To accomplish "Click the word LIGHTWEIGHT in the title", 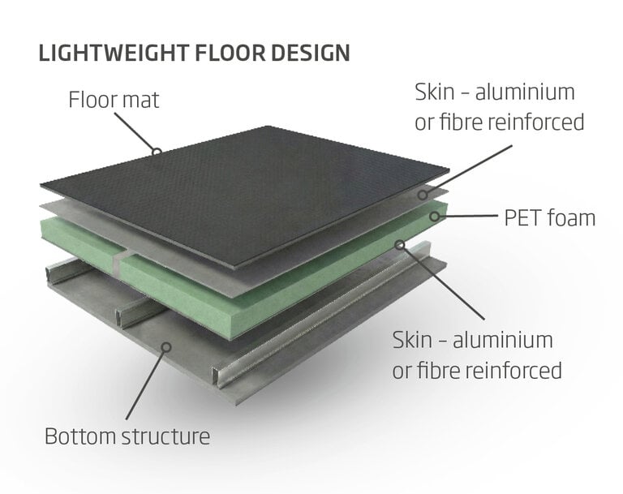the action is click(x=114, y=53).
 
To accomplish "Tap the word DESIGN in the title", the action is click(x=311, y=53).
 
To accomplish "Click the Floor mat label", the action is click(x=114, y=99).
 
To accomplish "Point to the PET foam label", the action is click(x=549, y=217).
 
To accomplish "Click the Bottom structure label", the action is click(x=127, y=436).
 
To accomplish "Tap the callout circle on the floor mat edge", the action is click(x=157, y=152).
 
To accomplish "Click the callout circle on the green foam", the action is click(x=435, y=217).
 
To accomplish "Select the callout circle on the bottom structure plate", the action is click(x=166, y=347).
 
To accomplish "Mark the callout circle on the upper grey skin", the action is click(x=423, y=195).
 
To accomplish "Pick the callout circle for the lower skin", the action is click(x=401, y=244).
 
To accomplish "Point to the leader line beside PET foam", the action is click(x=468, y=216).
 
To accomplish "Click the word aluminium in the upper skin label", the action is click(x=525, y=92).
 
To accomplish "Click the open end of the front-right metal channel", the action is click(x=217, y=376).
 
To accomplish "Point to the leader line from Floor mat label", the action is click(x=135, y=131).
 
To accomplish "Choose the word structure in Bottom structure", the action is click(x=165, y=436).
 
